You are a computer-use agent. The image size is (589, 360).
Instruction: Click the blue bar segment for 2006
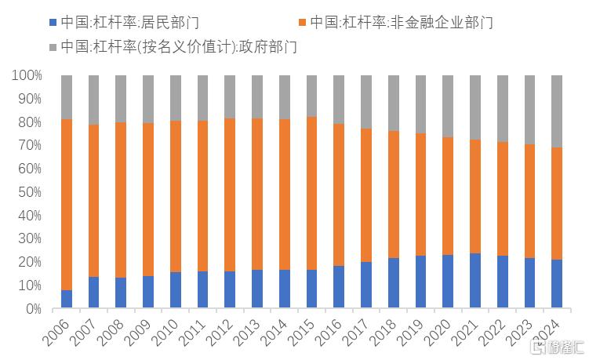(x=67, y=299)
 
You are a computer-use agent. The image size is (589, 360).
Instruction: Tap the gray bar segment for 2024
(x=557, y=111)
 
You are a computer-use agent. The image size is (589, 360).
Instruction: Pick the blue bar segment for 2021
(x=475, y=281)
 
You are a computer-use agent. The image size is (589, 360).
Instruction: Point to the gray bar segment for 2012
(x=230, y=96)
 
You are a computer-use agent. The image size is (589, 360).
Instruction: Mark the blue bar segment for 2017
(x=366, y=285)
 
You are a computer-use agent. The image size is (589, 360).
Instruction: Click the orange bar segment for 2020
(x=448, y=196)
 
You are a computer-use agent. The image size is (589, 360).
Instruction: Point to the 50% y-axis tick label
(x=29, y=192)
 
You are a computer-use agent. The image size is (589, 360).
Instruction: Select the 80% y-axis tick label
(x=29, y=122)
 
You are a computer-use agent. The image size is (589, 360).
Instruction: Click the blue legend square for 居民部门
(x=53, y=22)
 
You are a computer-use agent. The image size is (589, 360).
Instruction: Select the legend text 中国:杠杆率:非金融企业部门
(x=401, y=22)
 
